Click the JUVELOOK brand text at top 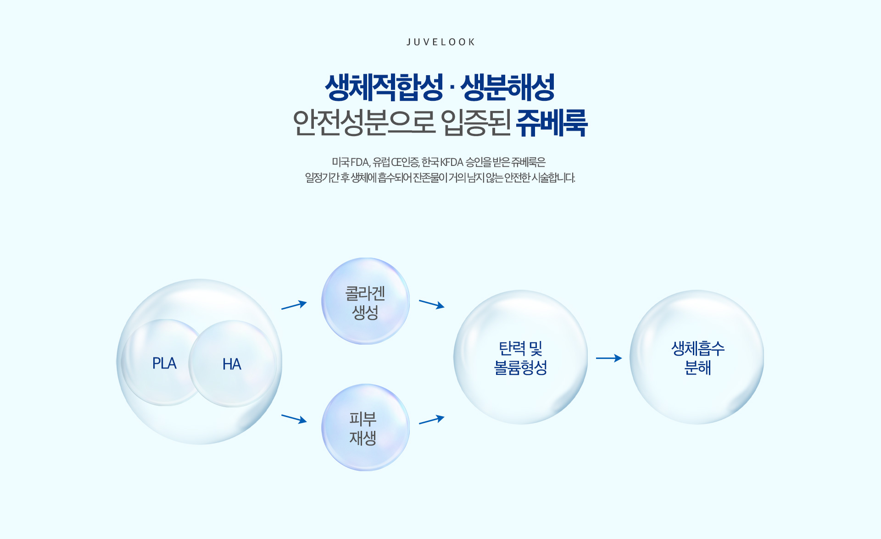440,42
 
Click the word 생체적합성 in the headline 384,87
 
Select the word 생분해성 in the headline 507,87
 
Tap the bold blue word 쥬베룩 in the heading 552,123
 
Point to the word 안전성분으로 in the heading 363,123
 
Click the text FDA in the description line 360,162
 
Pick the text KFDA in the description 452,162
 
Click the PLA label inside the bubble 164,363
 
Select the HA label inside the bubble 232,364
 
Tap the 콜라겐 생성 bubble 366,301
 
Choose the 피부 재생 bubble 366,427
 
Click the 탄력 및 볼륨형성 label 520,358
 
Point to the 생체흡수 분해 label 698,358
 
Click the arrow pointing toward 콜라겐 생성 294,305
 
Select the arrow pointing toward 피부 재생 294,419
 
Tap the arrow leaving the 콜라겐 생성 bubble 432,304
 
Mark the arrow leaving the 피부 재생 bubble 432,419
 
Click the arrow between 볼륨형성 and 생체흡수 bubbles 609,358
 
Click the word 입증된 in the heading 476,123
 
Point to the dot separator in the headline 452,88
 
